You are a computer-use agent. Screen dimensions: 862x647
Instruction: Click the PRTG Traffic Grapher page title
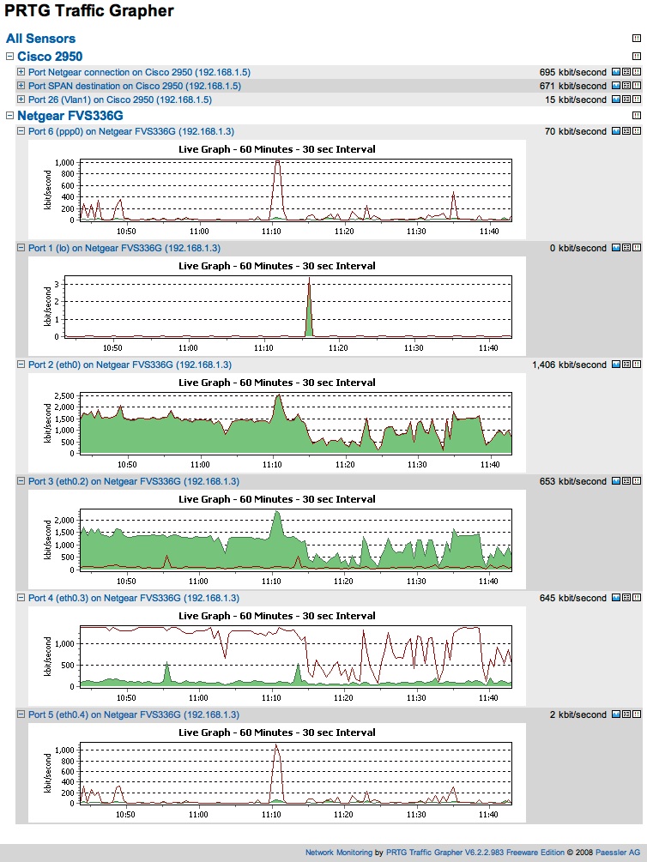89,11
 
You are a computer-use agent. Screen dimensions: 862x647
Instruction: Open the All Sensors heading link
40,39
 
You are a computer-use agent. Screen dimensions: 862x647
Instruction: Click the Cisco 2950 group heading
50,57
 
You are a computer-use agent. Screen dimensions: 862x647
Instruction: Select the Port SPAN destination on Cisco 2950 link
134,86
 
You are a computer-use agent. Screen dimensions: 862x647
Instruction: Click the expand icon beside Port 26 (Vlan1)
21,99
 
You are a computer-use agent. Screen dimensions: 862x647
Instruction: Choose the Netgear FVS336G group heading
70,116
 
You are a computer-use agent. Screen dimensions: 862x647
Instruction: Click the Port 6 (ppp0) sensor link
130,131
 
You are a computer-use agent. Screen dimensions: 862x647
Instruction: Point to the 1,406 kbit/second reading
569,365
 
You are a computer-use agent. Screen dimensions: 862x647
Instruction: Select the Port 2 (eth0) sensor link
129,365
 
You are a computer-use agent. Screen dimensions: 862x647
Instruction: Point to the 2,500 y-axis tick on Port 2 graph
64,395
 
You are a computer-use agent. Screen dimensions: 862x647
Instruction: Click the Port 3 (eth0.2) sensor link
133,481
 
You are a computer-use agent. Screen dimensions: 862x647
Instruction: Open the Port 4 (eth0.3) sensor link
133,598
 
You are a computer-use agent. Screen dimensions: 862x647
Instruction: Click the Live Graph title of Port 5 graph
276,732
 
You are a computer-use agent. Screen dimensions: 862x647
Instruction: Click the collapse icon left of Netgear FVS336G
9,116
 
